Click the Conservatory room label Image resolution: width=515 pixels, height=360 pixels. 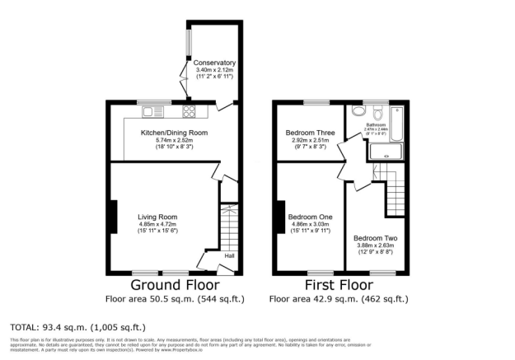point(214,63)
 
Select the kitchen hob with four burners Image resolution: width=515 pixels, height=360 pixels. point(189,111)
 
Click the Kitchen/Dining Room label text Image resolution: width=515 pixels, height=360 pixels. point(174,133)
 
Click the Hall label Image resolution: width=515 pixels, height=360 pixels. point(227,256)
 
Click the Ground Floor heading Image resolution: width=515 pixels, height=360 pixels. point(174,285)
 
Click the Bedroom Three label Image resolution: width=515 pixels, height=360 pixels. point(307,133)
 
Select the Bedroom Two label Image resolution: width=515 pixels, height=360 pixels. point(371,237)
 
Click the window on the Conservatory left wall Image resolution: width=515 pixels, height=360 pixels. point(188,45)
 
